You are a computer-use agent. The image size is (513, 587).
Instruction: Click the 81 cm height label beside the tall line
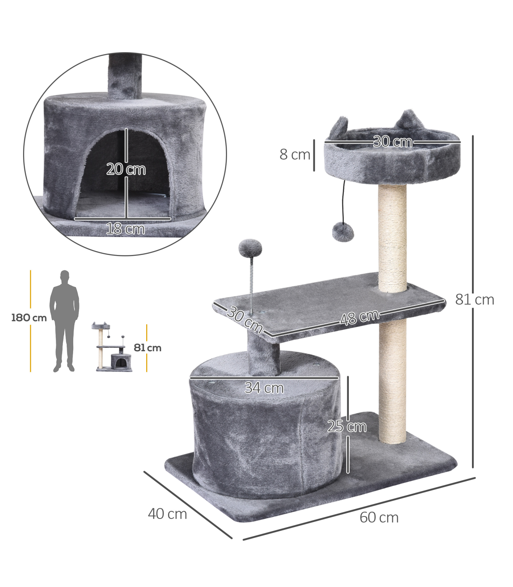475,300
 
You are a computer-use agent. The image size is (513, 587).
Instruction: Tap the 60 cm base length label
379,518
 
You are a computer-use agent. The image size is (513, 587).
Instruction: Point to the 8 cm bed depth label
295,154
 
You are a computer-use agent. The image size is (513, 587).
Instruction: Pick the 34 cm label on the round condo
264,388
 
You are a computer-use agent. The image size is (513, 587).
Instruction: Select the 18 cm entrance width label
125,229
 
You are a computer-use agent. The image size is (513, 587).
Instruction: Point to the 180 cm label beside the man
29,318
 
